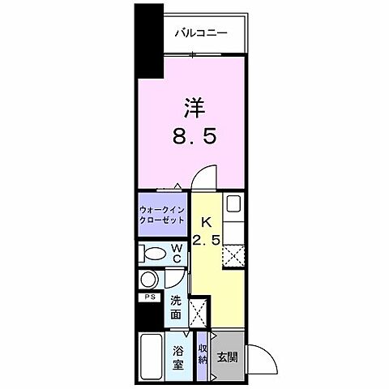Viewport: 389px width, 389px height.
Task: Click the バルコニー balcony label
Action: click(201, 32)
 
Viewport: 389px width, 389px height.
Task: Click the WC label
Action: click(176, 254)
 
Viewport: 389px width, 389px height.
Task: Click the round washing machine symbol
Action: click(147, 280)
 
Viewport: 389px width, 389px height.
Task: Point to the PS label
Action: click(148, 298)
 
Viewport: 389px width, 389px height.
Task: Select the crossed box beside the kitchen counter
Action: click(234, 256)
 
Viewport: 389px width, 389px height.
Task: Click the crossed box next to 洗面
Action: click(198, 310)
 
